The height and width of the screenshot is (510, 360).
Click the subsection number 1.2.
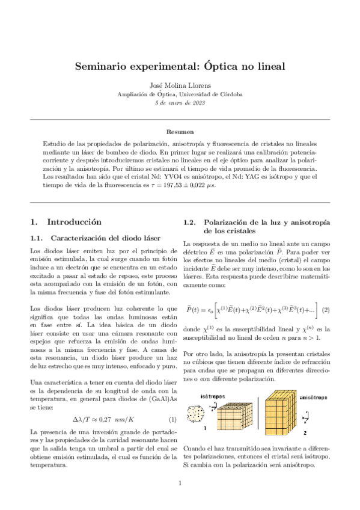tap(191, 223)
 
